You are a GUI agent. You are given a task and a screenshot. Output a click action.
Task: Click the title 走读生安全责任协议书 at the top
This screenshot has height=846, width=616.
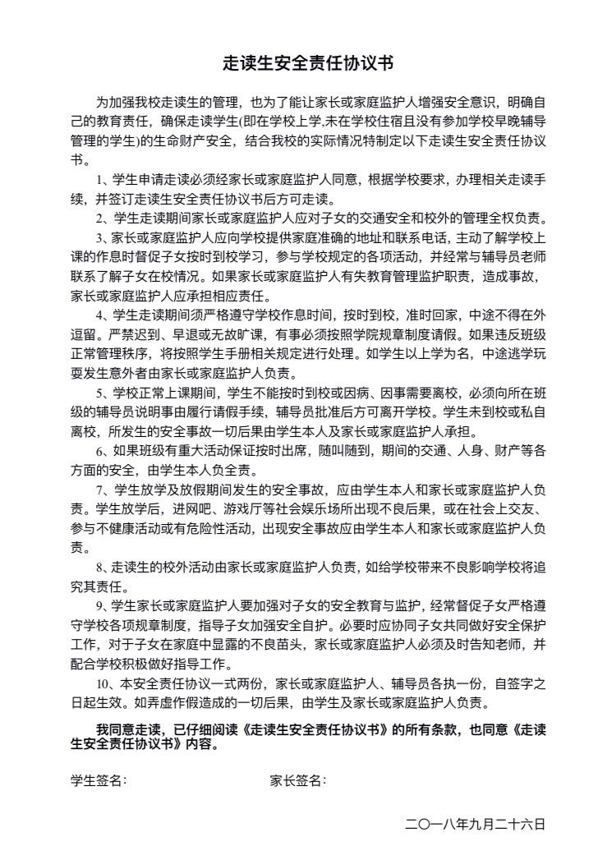[x=308, y=62]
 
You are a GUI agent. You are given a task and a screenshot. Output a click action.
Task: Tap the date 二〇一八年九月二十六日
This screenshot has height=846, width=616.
[x=476, y=823]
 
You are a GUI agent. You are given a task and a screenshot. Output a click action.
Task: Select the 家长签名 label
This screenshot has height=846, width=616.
[x=297, y=780]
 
